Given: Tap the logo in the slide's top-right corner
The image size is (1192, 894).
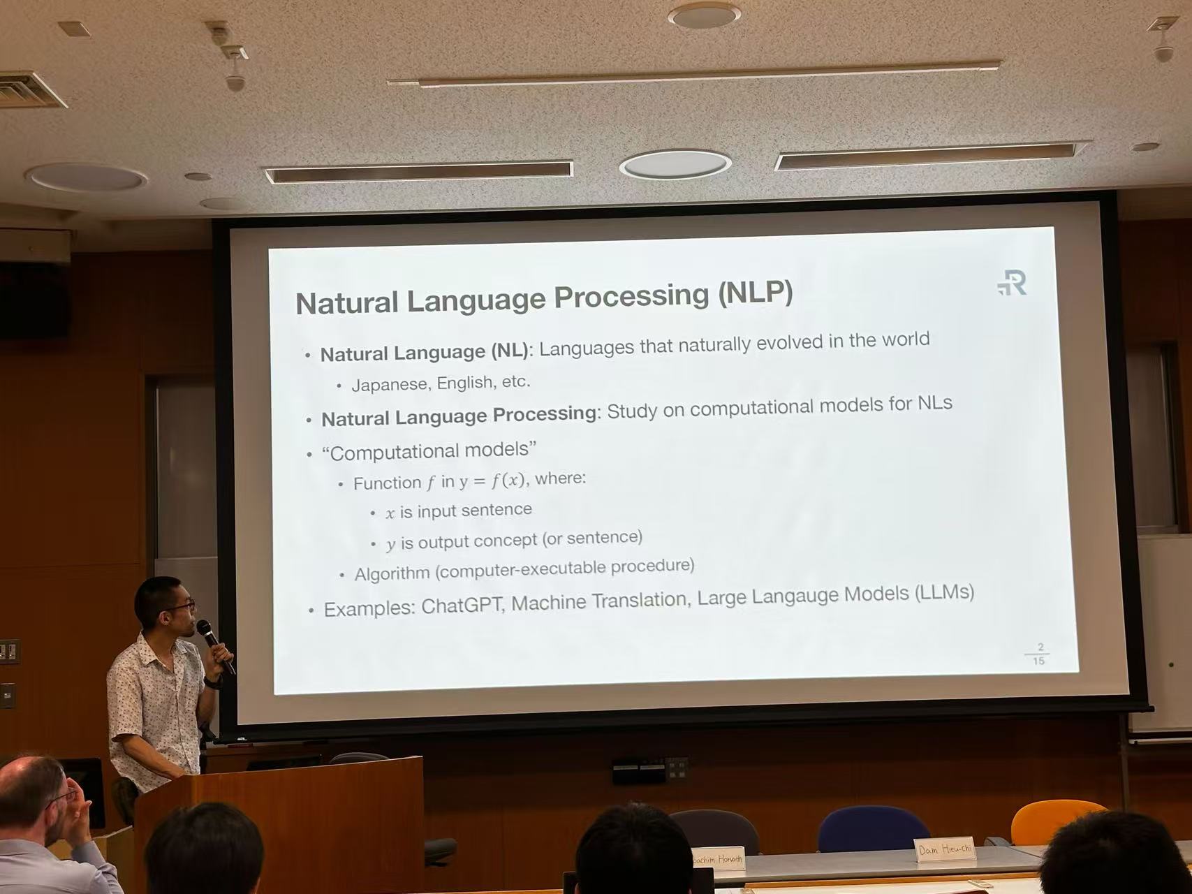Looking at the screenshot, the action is tap(1012, 284).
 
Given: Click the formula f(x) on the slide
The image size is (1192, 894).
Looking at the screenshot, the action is tap(508, 481).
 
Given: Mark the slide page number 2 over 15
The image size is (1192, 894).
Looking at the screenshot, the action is tap(1038, 654).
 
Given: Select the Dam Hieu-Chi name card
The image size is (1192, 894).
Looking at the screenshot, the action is tap(945, 849).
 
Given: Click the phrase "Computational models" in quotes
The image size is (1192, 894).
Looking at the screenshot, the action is tap(429, 451).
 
